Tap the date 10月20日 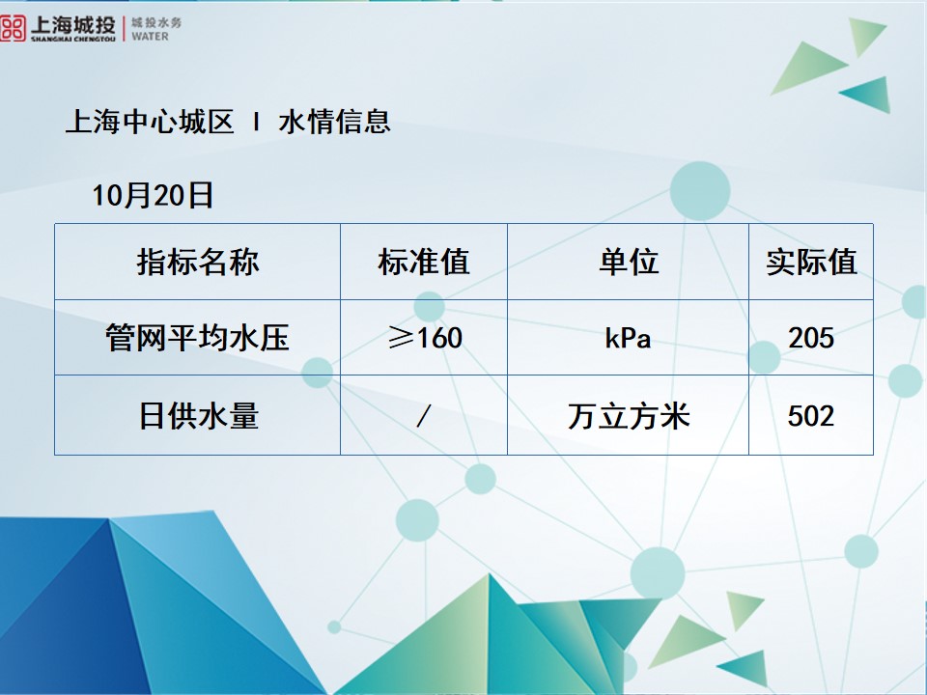pos(153,196)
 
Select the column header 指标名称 pos(198,262)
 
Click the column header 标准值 pos(423,262)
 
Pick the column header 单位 pos(628,262)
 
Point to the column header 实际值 pos(811,262)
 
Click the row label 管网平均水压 pos(198,338)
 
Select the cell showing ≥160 pos(423,338)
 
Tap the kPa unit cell pos(628,339)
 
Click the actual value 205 pos(811,338)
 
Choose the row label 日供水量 pos(198,416)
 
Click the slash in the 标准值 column pos(423,417)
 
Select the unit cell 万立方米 pos(628,416)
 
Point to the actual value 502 pos(811,416)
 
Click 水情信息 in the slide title pos(334,123)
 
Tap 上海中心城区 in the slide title pos(150,123)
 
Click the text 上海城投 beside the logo pos(72,22)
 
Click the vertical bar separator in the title pos(256,123)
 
